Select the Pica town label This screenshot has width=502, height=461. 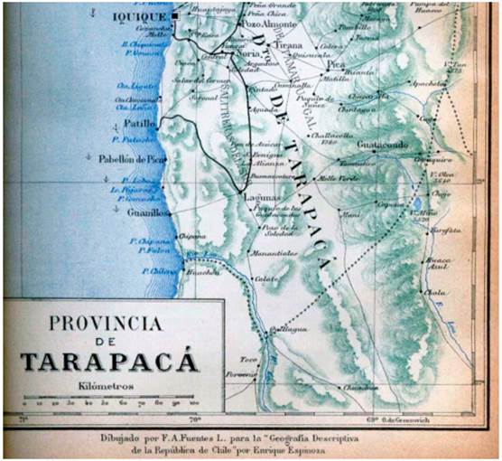pos(335,65)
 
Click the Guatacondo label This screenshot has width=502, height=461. pos(384,145)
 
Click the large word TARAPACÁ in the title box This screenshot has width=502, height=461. pos(109,362)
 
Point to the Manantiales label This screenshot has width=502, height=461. pos(274,254)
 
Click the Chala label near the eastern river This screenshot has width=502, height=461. pos(435,292)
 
